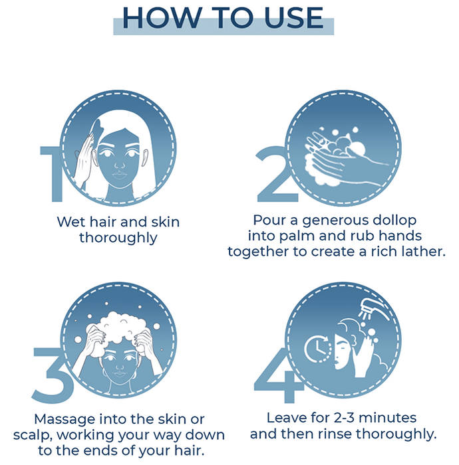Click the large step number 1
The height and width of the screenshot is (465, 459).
pyautogui.click(x=53, y=174)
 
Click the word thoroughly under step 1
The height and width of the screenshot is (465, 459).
pyautogui.click(x=118, y=238)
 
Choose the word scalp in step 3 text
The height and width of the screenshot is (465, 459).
pyautogui.click(x=33, y=436)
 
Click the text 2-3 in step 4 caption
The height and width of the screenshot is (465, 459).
pyautogui.click(x=344, y=418)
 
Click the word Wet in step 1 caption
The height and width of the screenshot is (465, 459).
pyautogui.click(x=71, y=222)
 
